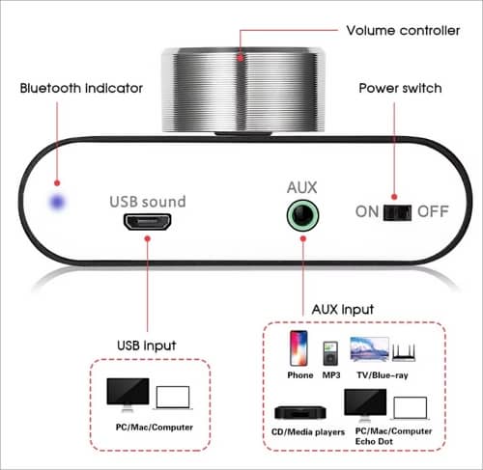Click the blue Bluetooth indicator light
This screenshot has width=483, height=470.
coord(58,203)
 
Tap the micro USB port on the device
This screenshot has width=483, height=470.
coord(148,222)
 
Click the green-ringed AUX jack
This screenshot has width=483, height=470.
coord(302,215)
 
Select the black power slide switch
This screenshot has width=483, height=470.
coord(397,212)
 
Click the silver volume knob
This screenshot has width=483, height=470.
coord(243,90)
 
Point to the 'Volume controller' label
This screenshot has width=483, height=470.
coord(403,31)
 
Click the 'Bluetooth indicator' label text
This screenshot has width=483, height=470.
coord(81,88)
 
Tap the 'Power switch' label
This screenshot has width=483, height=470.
coord(400,88)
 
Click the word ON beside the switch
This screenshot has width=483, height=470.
coord(367,211)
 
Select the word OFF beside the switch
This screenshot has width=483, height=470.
coord(433,211)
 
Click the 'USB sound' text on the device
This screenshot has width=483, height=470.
coord(148,202)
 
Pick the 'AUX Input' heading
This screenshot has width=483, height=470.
coord(343,310)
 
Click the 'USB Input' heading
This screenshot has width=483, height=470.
coord(147,346)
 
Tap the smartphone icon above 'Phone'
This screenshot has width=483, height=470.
coord(298,348)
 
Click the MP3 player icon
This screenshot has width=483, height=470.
coord(330,353)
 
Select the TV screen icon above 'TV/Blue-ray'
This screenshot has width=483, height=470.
coord(369,349)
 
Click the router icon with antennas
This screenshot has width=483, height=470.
coord(404,352)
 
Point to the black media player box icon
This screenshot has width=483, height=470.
coord(300,413)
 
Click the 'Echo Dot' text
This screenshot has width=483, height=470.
coord(374,441)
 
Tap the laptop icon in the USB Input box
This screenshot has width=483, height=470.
coord(173,398)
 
